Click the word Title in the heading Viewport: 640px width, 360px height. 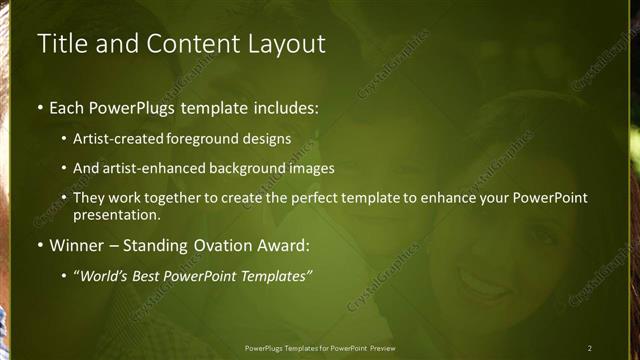point(59,44)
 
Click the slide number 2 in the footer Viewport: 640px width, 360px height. point(589,347)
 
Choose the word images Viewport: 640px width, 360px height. point(306,168)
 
